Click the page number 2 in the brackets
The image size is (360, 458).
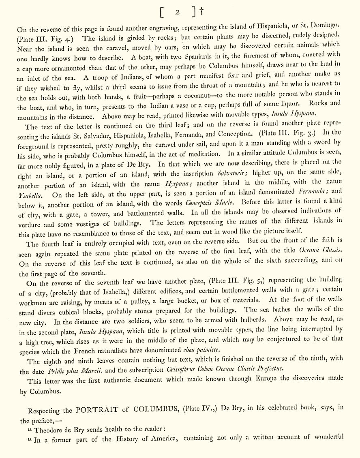[178, 12]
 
